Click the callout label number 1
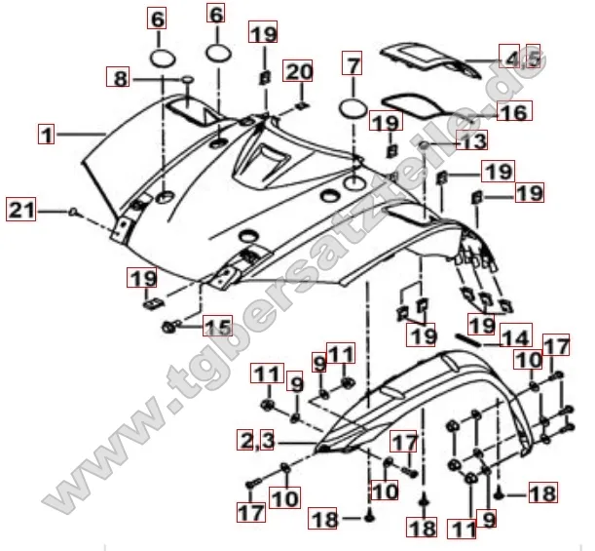[x=46, y=131]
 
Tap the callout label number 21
[x=21, y=208]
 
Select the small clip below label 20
[x=299, y=104]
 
